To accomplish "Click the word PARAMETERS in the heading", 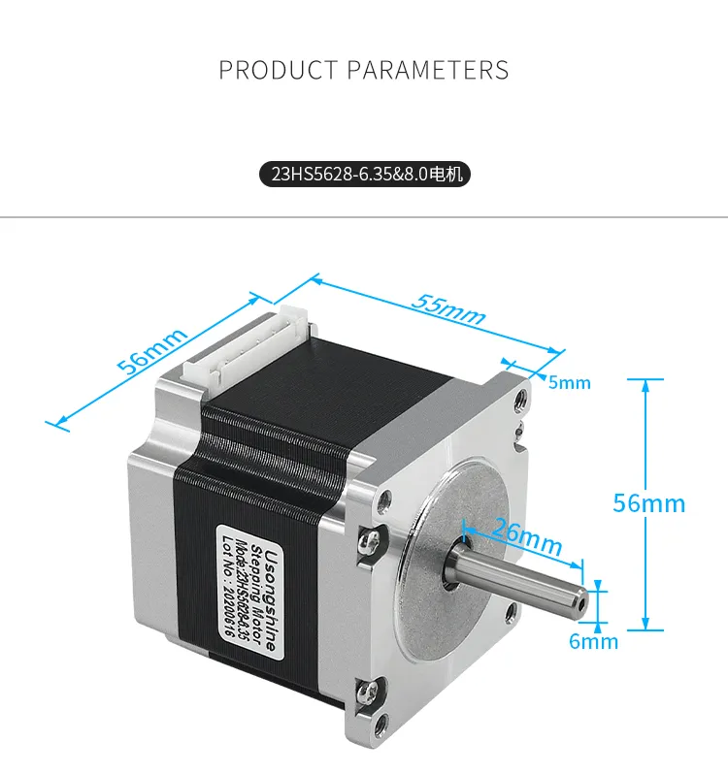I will [428, 70].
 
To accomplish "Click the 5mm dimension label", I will [569, 382].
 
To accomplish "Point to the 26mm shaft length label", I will [527, 538].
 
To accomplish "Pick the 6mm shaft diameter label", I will [594, 641].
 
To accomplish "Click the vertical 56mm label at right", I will [648, 503].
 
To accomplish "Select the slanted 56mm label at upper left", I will [151, 351].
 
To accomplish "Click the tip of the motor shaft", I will [580, 599].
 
